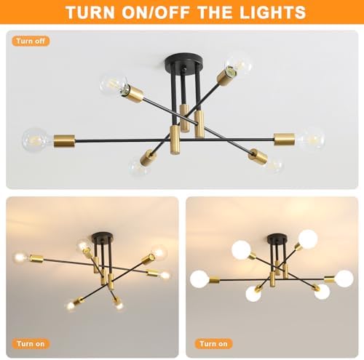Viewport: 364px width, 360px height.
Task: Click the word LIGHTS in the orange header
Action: pyautogui.click(x=272, y=12)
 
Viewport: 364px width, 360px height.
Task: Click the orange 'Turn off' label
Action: pyautogui.click(x=31, y=41)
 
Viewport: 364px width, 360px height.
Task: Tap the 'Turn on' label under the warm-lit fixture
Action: pyautogui.click(x=31, y=343)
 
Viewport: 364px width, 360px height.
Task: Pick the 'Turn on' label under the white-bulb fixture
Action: pyautogui.click(x=213, y=343)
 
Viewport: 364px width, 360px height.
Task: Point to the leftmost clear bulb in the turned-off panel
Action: pyautogui.click(x=37, y=140)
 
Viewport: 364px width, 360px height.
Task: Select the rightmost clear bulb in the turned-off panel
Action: pyautogui.click(x=311, y=139)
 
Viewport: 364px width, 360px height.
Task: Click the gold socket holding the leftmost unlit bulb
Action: pyautogui.click(x=64, y=140)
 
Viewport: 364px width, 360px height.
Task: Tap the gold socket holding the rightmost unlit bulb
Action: pyautogui.click(x=284, y=139)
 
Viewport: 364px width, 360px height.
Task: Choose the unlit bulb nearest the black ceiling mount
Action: pyautogui.click(x=238, y=64)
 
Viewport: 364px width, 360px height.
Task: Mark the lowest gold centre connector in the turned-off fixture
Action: pyautogui.click(x=175, y=140)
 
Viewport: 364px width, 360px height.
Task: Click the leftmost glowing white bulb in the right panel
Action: pyautogui.click(x=199, y=279)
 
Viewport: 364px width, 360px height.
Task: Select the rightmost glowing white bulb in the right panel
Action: pyautogui.click(x=344, y=279)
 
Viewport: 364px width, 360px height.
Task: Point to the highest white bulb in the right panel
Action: pyautogui.click(x=308, y=239)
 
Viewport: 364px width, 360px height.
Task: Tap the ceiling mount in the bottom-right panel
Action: pyautogui.click(x=277, y=239)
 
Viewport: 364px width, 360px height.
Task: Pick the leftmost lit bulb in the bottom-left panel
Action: pyautogui.click(x=20, y=257)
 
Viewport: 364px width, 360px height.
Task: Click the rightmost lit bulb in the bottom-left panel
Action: pyautogui.click(x=165, y=276)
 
